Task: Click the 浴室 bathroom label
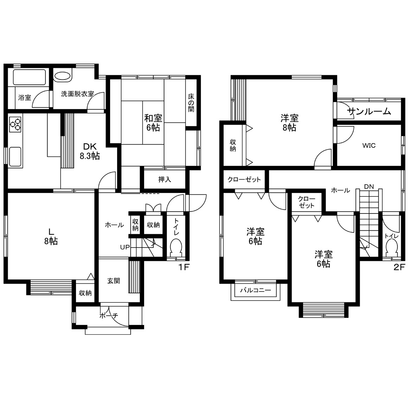25,98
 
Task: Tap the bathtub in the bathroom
29,77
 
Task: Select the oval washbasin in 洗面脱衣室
63,76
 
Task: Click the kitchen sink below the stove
15,156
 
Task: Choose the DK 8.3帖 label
90,151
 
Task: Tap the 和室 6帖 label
153,123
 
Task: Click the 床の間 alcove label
191,103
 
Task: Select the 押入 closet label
165,179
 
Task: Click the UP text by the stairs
125,247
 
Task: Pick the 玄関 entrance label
114,281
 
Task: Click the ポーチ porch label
109,316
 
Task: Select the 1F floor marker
184,267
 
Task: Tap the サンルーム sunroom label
369,112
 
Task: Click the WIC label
369,145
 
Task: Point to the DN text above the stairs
369,187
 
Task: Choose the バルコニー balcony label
256,290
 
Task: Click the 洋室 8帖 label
289,123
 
